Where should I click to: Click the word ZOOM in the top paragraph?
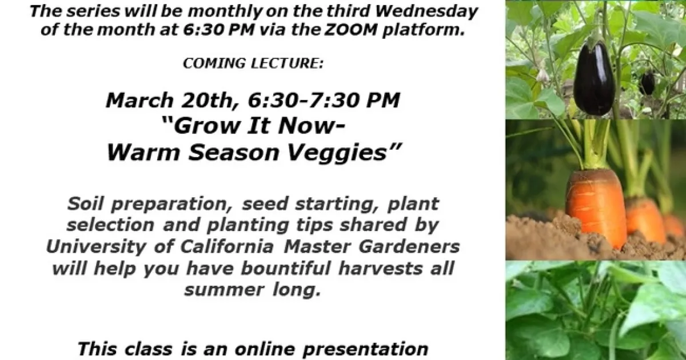[350, 30]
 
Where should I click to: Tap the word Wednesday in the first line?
[426, 11]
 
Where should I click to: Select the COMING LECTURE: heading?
[253, 63]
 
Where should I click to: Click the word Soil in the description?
[85, 203]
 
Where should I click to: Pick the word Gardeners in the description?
[409, 247]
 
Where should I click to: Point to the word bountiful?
[285, 268]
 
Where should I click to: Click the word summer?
[224, 290]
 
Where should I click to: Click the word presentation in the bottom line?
[365, 350]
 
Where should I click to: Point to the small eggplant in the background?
[646, 83]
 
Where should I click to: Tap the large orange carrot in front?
[596, 208]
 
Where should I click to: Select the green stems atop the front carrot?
[594, 144]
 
